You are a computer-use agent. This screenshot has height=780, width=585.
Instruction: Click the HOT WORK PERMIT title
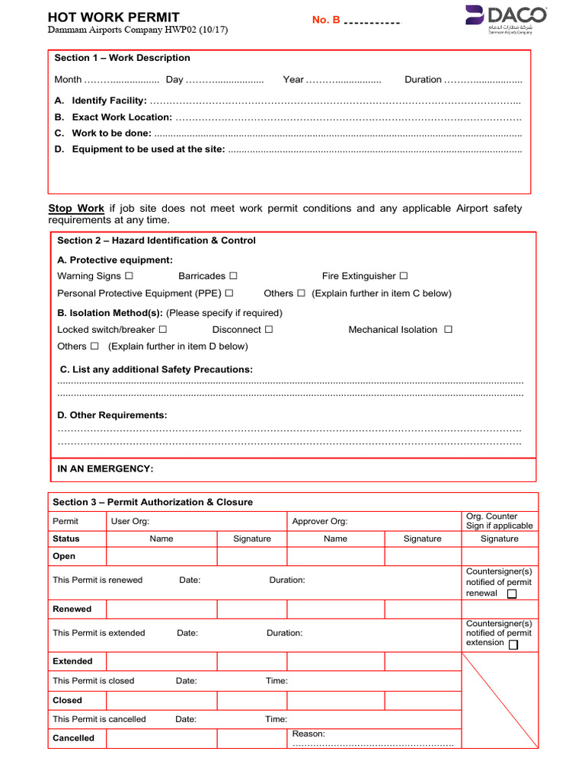(113, 18)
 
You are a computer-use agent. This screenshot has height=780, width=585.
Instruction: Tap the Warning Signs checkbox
(129, 276)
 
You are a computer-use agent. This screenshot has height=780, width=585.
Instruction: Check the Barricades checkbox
(233, 276)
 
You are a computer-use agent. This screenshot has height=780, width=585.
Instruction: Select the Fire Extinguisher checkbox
(404, 276)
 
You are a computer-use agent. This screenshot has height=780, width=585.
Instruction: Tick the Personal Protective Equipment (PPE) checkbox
(229, 293)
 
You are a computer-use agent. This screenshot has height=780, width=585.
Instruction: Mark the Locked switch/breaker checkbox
(163, 330)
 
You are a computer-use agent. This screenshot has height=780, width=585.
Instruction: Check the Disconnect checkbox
(269, 330)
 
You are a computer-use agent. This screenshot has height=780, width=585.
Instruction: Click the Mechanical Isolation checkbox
(448, 330)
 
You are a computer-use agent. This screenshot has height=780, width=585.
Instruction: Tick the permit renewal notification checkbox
(512, 594)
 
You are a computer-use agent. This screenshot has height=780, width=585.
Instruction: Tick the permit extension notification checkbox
(513, 644)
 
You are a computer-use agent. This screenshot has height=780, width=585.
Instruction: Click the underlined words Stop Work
(76, 209)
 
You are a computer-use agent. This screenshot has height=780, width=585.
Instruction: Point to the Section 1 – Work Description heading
(122, 58)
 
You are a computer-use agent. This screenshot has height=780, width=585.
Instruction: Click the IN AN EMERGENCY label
(106, 469)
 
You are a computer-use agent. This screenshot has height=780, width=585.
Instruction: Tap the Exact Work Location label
(121, 117)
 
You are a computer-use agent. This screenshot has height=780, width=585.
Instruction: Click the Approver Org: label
(320, 521)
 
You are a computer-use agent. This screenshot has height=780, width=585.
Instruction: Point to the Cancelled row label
(73, 738)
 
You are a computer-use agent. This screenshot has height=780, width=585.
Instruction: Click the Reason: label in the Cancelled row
(308, 734)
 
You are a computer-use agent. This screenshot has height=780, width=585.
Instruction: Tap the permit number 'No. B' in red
(326, 20)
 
